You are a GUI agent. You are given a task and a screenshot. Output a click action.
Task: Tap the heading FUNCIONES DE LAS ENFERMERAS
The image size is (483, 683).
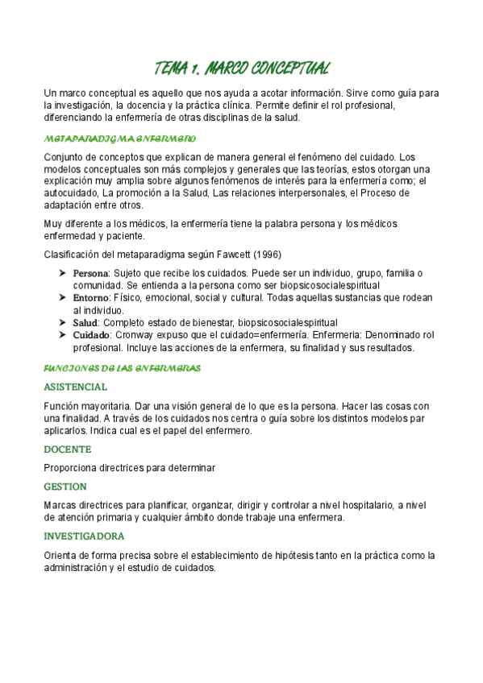click(122, 368)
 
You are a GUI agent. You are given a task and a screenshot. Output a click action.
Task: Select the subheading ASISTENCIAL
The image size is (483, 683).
click(75, 387)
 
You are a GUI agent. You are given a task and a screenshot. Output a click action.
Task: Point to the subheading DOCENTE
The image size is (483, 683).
click(68, 449)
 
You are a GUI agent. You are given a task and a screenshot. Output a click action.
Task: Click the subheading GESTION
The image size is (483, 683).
click(66, 486)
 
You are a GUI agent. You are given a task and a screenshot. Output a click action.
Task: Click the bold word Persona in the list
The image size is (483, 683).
click(90, 273)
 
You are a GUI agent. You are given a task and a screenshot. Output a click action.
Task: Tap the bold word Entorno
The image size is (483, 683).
click(92, 297)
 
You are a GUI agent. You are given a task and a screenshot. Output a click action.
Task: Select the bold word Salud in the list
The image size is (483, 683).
click(85, 322)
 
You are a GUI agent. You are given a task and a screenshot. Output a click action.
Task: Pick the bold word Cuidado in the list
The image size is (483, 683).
click(92, 334)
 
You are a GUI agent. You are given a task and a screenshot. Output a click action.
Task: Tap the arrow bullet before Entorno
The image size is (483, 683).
click(62, 297)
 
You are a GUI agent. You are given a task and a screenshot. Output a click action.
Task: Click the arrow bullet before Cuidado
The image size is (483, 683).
click(62, 334)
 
